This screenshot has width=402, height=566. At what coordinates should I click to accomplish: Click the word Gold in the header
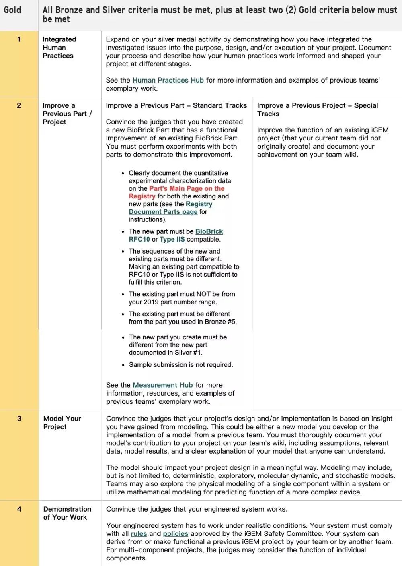[x=12, y=10]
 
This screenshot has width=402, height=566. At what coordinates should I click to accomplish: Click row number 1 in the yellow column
[x=19, y=39]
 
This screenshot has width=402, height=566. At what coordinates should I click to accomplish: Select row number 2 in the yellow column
[x=19, y=105]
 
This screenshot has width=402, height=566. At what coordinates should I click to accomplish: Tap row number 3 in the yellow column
[x=19, y=419]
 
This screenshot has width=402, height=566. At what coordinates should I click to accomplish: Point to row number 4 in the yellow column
[x=19, y=509]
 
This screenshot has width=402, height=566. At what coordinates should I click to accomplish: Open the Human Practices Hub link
[x=168, y=80]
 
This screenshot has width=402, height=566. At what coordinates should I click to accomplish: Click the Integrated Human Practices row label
[x=59, y=48]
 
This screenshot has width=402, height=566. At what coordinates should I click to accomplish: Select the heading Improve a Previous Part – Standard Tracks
[x=176, y=105]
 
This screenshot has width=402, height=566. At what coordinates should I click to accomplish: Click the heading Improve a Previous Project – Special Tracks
[x=317, y=109]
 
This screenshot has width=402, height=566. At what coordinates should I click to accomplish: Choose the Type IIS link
[x=172, y=239]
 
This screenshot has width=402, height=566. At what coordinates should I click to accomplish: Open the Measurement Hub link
[x=162, y=385]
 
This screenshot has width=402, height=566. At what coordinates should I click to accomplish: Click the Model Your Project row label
[x=62, y=423]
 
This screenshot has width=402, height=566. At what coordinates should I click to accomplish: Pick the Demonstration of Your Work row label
[x=67, y=513]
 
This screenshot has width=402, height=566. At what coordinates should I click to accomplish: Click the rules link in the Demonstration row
[x=139, y=534]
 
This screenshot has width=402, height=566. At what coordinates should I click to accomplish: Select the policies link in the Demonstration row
[x=175, y=534]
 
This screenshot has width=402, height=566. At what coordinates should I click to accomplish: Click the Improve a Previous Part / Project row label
[x=67, y=114]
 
